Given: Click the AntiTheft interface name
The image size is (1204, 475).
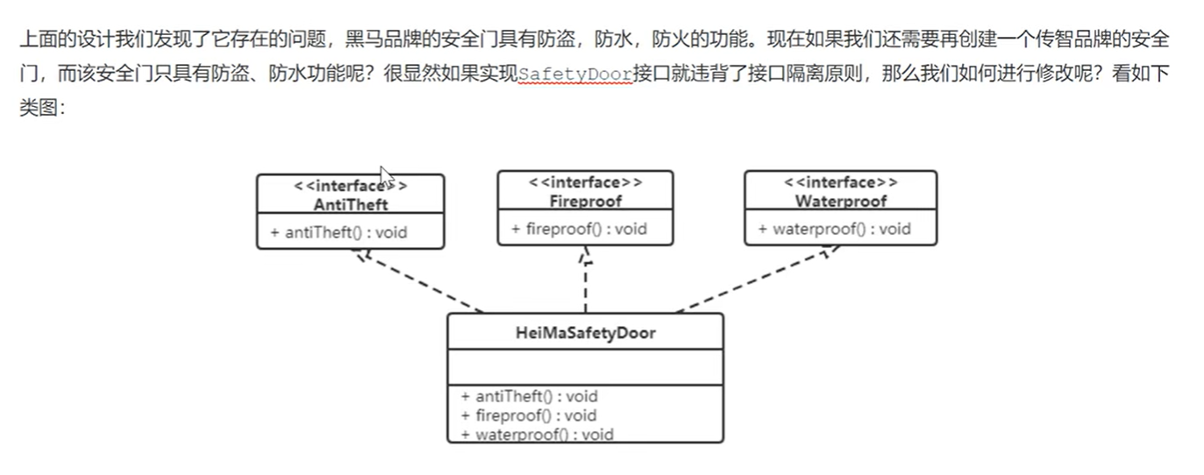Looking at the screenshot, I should click(350, 204).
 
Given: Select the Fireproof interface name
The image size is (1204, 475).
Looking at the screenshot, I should click(585, 201).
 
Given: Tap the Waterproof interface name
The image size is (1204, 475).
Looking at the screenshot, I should click(840, 201).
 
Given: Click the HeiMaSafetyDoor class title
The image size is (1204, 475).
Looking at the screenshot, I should click(585, 333).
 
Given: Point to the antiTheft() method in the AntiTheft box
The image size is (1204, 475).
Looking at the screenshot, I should click(338, 232).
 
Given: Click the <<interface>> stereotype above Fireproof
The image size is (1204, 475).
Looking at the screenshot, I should click(585, 182).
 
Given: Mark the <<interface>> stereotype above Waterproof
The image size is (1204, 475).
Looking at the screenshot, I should click(840, 182).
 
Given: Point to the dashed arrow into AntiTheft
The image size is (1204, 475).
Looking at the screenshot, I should click(416, 280).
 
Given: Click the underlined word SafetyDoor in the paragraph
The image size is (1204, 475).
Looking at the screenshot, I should click(574, 74).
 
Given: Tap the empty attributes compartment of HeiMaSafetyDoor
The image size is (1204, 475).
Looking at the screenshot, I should click(585, 367).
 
